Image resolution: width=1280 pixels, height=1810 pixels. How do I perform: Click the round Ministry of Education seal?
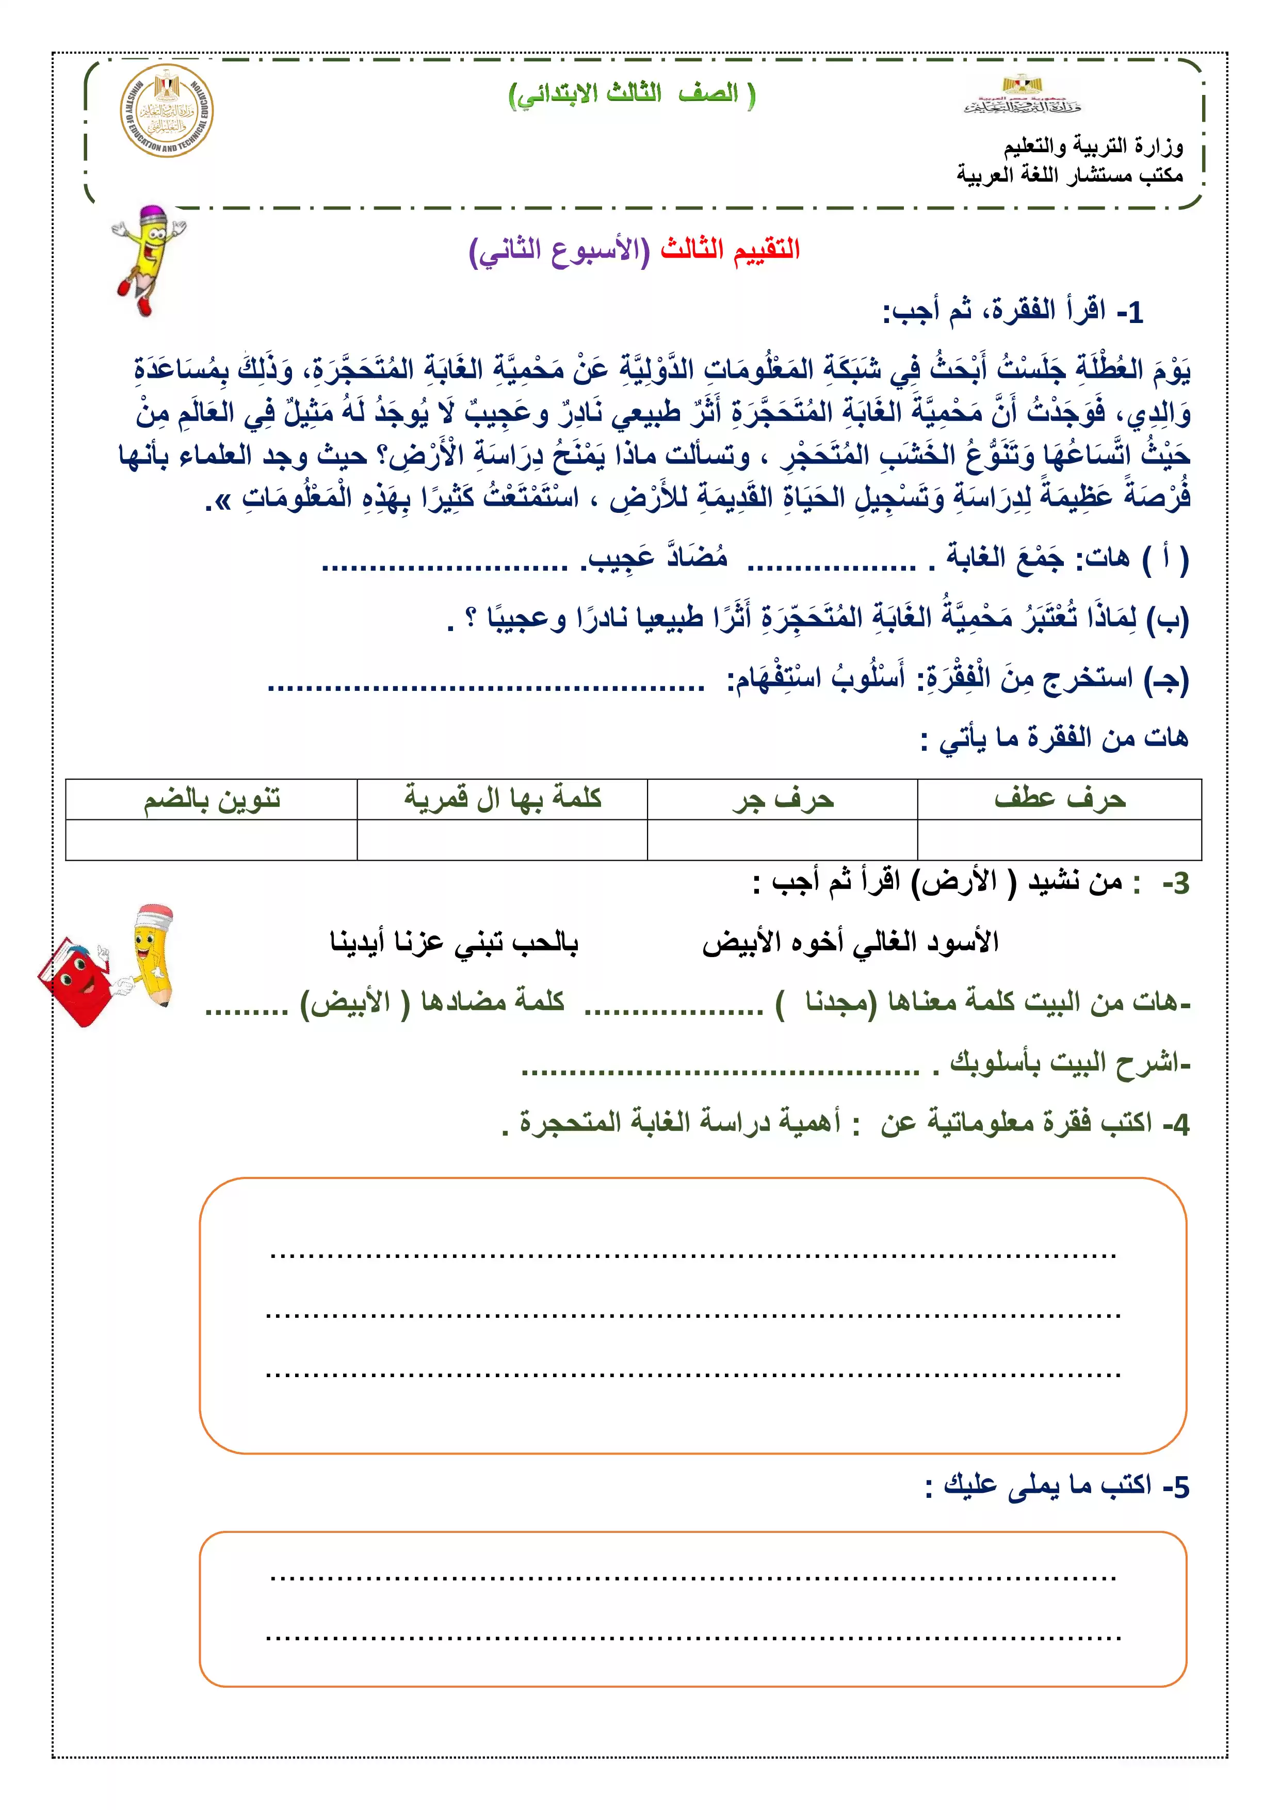coord(166,110)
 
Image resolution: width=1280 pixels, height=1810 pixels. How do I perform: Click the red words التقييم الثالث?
coord(730,249)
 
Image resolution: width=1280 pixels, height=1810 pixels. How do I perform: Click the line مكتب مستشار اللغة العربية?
coord(1070,174)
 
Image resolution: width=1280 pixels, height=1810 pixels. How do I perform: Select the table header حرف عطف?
coord(1059,799)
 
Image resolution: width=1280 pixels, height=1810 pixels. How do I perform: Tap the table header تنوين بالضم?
coord(211,799)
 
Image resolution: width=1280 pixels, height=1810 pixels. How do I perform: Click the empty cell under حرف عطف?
coord(1059,839)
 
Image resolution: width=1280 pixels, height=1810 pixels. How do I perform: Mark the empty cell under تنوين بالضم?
coord(211,839)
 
